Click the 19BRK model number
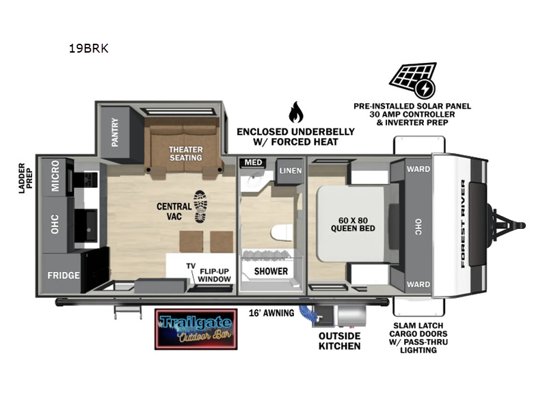coord(89,49)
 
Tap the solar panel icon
coord(413,81)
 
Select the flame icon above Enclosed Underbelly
coord(296,112)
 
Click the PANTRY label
coord(115,132)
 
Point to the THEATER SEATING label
coord(185,154)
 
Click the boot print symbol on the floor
coord(200,207)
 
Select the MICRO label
coord(55,176)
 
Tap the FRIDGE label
coord(64,275)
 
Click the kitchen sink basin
coord(86,225)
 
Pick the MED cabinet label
coord(253,163)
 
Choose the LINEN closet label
coord(290,170)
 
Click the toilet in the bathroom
coord(282,233)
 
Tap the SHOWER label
coord(271,271)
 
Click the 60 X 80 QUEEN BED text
coord(353,225)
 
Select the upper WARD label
coord(418,169)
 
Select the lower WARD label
coord(418,284)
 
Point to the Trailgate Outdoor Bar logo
coord(196,329)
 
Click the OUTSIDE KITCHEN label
coord(339,341)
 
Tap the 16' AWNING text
coord(271,313)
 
